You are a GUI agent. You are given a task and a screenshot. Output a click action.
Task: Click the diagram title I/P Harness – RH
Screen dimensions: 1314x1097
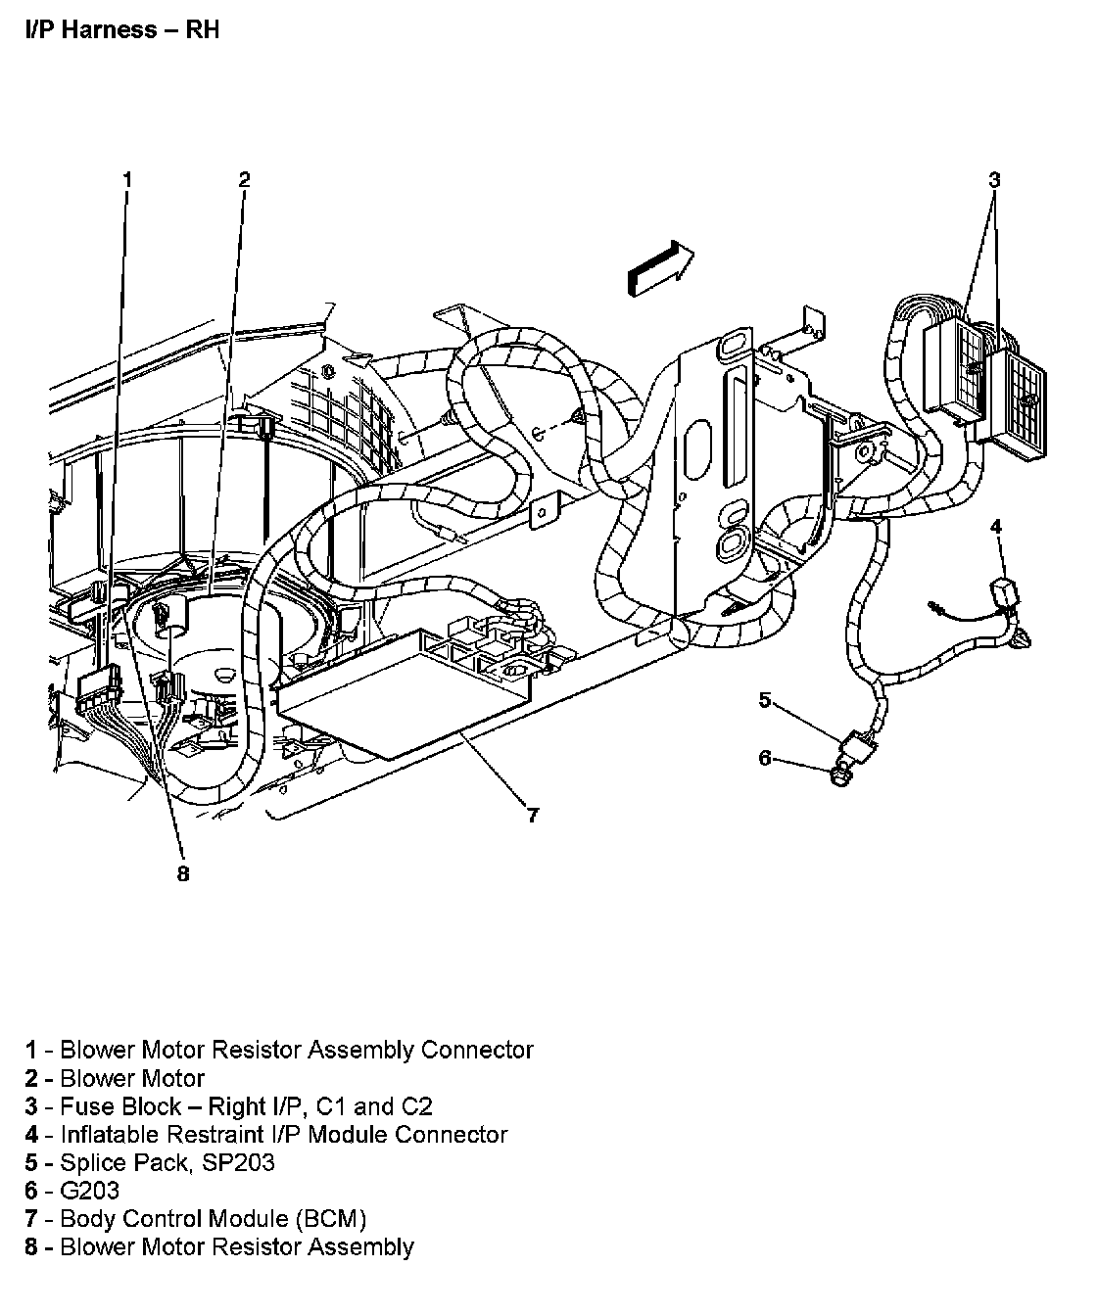point(121,29)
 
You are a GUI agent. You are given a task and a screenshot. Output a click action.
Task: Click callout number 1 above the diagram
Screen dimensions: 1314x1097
point(126,178)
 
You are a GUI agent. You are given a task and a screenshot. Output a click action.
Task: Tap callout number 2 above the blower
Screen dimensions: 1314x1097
point(244,178)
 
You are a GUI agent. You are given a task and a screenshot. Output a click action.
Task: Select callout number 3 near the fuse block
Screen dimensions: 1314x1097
point(994,179)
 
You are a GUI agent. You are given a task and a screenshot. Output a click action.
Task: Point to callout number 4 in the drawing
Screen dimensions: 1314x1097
point(996,527)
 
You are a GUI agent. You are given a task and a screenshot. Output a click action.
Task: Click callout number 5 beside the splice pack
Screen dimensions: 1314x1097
point(765,699)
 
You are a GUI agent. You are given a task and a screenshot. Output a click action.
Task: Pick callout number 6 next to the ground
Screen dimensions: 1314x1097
point(765,757)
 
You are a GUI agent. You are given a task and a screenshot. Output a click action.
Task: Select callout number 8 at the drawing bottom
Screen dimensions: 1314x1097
point(183,874)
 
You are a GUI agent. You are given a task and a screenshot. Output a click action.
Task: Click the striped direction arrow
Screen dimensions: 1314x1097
point(659,266)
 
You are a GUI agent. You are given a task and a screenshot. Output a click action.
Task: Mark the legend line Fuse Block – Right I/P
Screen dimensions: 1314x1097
point(229,1106)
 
